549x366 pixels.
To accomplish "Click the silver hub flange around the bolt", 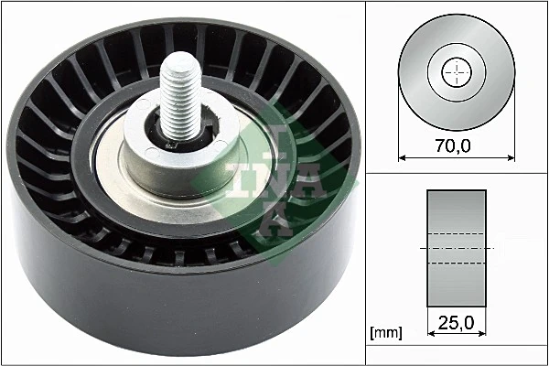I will (156, 165).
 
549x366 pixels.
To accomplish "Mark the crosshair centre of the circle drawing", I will (456, 73).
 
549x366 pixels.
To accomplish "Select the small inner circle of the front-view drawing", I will (456, 73).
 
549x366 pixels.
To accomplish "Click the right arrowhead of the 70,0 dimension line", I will (511, 157).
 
